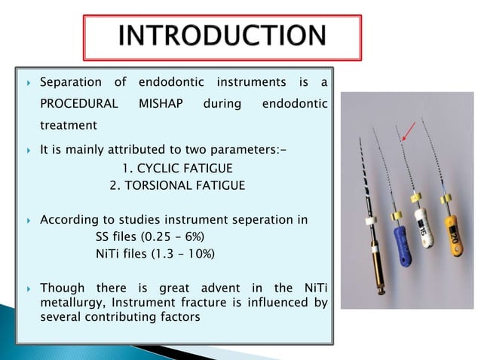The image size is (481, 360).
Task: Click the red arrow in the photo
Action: pos(407,134)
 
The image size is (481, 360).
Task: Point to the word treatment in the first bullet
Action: pos(68,124)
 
